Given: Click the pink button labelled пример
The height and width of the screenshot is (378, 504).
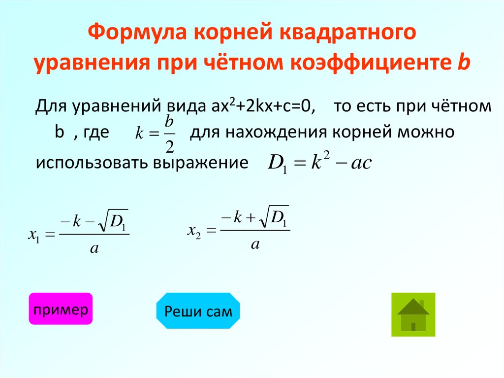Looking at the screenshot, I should [x=61, y=309].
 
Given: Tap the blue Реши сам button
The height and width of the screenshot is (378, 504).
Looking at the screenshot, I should [x=198, y=311].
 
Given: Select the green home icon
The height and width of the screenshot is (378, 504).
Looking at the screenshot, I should [x=413, y=314].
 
